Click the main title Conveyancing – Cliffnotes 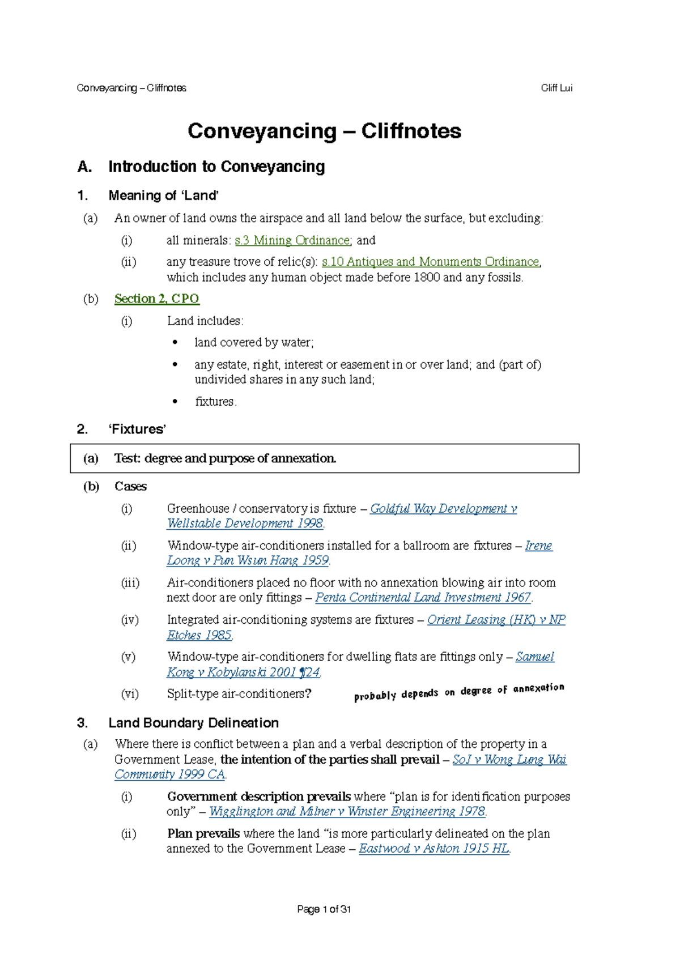click(324, 131)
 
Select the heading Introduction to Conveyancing click(216, 167)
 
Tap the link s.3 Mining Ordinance click(292, 240)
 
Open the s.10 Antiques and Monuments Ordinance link click(430, 262)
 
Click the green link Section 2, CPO click(156, 299)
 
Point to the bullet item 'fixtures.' click(215, 402)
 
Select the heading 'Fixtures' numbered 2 click(137, 429)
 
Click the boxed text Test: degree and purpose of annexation click(225, 458)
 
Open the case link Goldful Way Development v click(443, 509)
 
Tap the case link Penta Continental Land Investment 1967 click(423, 598)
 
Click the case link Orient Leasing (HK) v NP click(496, 620)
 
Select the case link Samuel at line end click(534, 657)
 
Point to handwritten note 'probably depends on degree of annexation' click(459, 692)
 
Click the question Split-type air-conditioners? click(239, 694)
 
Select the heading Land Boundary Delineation click(193, 723)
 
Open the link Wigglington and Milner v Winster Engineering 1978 click(347, 811)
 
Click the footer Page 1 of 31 click(324, 909)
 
